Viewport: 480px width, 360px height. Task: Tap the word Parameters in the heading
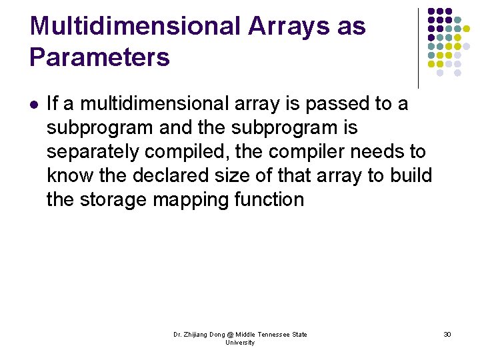[100, 57]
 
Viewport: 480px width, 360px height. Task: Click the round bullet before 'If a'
[34, 104]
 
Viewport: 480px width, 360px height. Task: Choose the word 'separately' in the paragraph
[92, 152]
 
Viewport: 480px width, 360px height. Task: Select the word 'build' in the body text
[411, 175]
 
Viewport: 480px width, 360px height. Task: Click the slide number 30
[447, 334]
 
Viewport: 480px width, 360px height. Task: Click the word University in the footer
[239, 343]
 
